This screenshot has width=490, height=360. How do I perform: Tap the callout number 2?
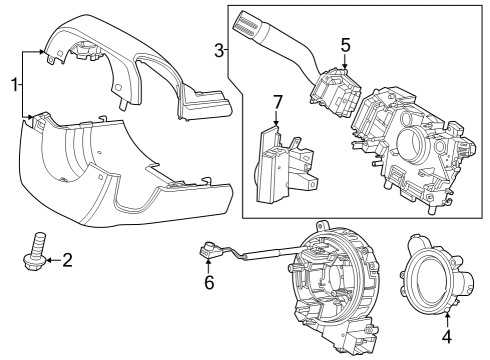click(x=67, y=261)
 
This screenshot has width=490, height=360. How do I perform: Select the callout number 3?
click(x=219, y=50)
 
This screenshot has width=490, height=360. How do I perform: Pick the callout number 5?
click(x=344, y=45)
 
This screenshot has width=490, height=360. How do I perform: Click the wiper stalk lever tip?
click(x=245, y=17)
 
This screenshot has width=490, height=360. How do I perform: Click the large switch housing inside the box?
click(x=410, y=140)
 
